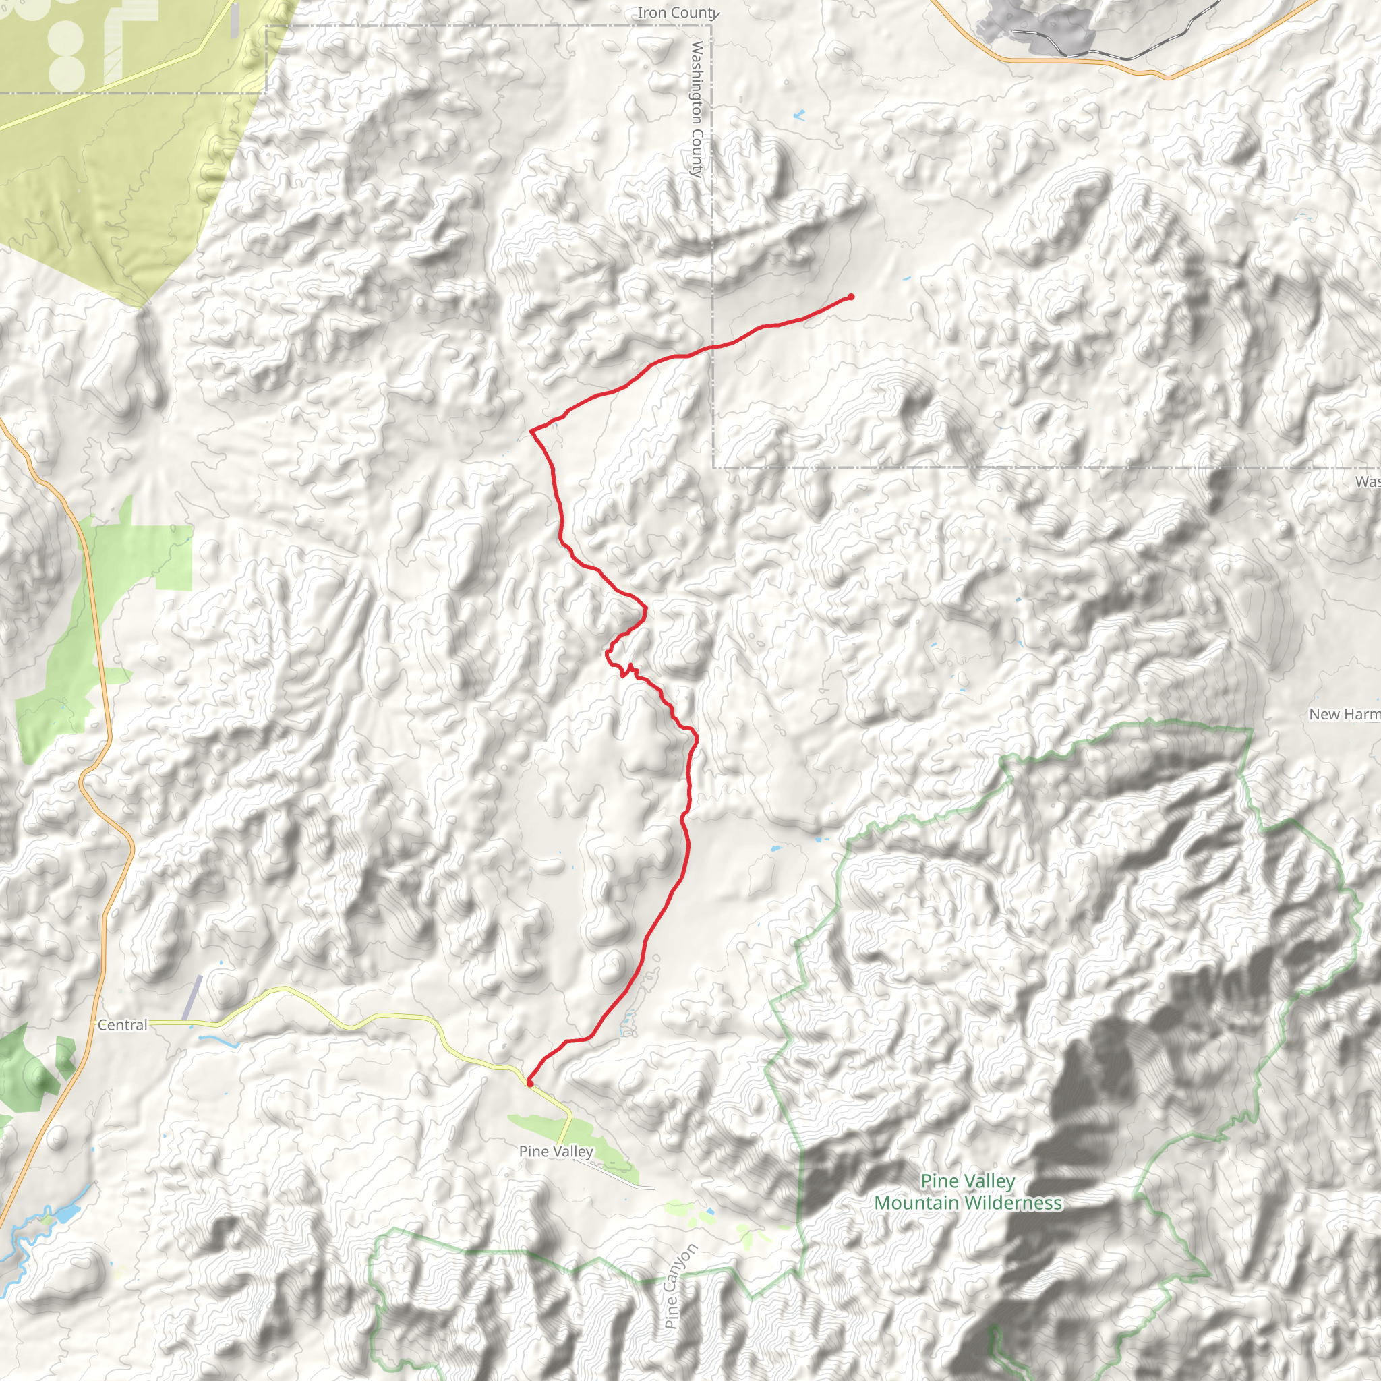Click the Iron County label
click(x=676, y=13)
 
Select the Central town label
click(x=122, y=1025)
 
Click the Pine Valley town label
click(x=556, y=1152)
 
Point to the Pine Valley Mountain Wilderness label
click(x=968, y=1192)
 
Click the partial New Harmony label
click(x=1344, y=714)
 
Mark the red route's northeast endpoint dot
click(x=850, y=297)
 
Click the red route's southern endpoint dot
click(x=529, y=1084)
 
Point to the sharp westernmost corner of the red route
click(x=531, y=431)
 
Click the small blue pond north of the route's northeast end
click(x=798, y=114)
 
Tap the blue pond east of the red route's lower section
click(x=775, y=850)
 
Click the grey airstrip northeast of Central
click(x=192, y=997)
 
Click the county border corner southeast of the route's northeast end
click(x=713, y=467)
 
